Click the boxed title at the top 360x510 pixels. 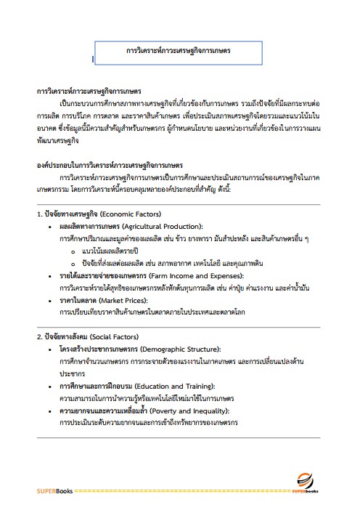(178, 52)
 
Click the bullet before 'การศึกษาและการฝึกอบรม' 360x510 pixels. (49, 386)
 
